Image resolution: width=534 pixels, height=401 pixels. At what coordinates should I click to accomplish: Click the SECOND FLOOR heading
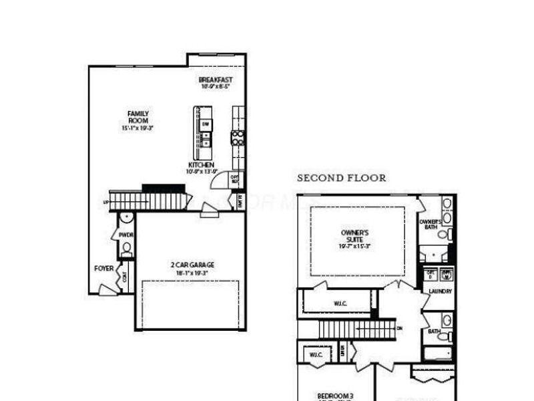pyautogui.click(x=341, y=178)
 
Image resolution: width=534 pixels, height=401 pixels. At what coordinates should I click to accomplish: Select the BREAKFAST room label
pyautogui.click(x=215, y=80)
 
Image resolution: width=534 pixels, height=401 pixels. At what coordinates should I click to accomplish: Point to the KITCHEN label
pyautogui.click(x=201, y=164)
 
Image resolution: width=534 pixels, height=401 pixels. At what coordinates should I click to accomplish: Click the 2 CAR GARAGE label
pyautogui.click(x=192, y=265)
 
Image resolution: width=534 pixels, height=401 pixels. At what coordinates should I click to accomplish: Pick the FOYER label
pyautogui.click(x=103, y=269)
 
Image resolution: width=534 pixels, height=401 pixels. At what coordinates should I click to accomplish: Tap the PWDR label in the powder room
pyautogui.click(x=125, y=235)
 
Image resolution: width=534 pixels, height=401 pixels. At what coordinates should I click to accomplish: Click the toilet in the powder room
pyautogui.click(x=126, y=249)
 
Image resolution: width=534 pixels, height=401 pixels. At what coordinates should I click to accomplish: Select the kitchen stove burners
pyautogui.click(x=238, y=138)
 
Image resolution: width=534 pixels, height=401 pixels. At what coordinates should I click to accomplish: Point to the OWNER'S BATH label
pyautogui.click(x=431, y=224)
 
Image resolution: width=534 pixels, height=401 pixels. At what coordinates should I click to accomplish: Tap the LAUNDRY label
pyautogui.click(x=441, y=291)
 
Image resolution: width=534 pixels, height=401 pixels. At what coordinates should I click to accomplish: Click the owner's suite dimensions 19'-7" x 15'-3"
pyautogui.click(x=355, y=246)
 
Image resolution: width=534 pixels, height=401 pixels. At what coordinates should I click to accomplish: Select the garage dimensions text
pyautogui.click(x=192, y=273)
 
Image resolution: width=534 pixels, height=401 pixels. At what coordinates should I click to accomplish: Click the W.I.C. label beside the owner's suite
pyautogui.click(x=341, y=304)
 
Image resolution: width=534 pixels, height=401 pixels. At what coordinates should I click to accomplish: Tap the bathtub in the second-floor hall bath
pyautogui.click(x=439, y=353)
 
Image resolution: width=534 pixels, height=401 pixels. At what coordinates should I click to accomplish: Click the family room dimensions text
pyautogui.click(x=138, y=128)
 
